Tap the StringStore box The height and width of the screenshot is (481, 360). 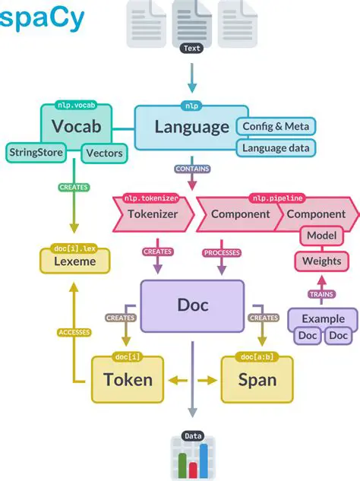[x=37, y=152]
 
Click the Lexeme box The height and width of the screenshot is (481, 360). [x=75, y=261]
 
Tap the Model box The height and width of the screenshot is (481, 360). [x=321, y=236]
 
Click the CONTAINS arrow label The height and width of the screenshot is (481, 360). [x=192, y=169]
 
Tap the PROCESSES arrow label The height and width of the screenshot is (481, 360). [x=222, y=252]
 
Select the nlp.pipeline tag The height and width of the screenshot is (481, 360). [x=276, y=198]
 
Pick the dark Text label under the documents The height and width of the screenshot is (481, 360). [x=192, y=49]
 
